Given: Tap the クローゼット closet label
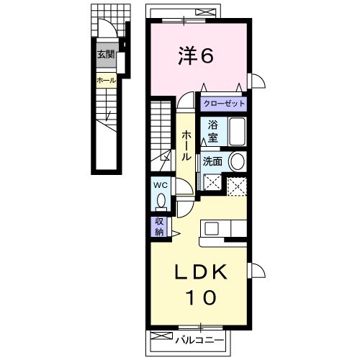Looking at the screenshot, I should click(223, 104).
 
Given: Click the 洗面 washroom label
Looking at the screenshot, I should click(213, 162).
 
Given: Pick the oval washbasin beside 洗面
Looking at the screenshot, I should click(238, 162).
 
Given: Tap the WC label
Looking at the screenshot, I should click(159, 184).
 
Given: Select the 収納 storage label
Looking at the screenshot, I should click(158, 228).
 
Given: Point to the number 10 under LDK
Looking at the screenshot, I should click(202, 296).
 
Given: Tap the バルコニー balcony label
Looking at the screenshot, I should click(201, 337).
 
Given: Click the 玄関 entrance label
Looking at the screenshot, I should click(107, 54).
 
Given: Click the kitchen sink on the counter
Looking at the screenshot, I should click(212, 229).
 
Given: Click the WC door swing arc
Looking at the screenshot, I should click(183, 189).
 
